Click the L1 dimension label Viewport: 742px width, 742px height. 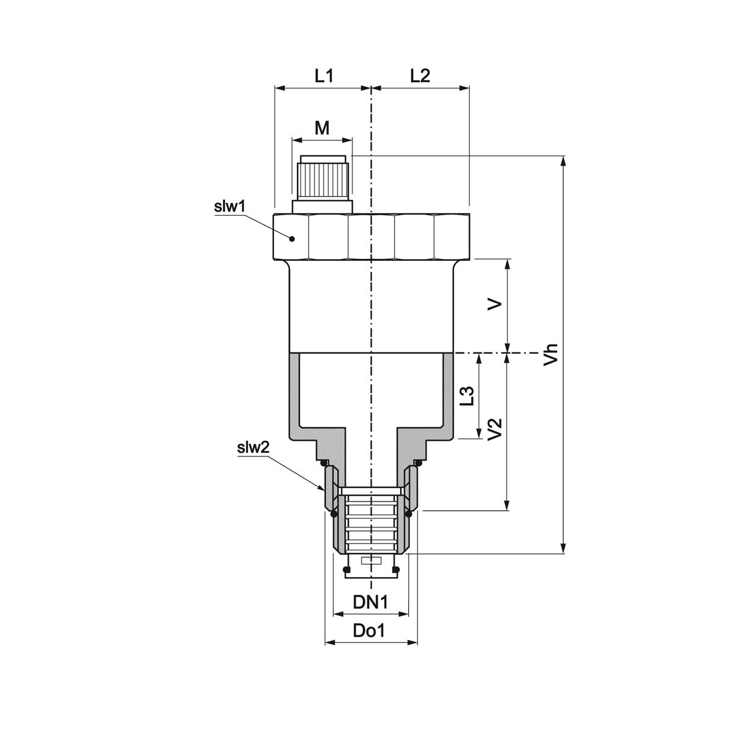click(x=323, y=76)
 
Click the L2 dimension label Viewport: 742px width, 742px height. click(x=420, y=76)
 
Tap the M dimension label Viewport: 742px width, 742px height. click(x=322, y=128)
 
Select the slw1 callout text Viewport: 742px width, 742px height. click(x=230, y=207)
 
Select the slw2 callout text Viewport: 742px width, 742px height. click(x=253, y=447)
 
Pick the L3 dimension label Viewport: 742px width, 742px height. click(x=468, y=396)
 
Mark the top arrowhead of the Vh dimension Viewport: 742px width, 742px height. click(x=563, y=161)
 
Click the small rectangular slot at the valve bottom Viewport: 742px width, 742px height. click(x=370, y=561)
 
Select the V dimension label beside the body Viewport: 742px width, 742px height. click(x=495, y=305)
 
